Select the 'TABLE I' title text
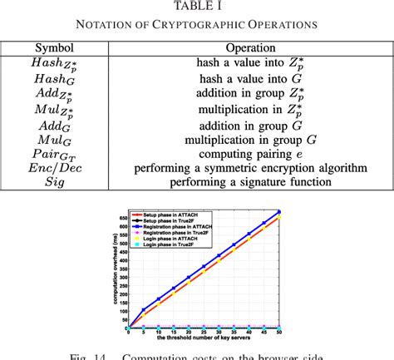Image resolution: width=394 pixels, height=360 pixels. (x=197, y=7)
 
